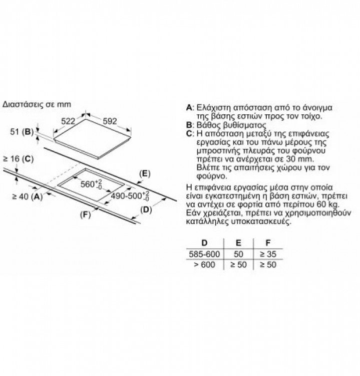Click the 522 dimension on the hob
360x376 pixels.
tap(68, 121)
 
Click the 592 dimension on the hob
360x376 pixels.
tap(110, 121)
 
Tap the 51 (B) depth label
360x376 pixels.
tap(22, 132)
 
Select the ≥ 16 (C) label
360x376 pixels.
tap(18, 159)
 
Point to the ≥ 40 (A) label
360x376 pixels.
tap(28, 197)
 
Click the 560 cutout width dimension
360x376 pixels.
tap(91, 184)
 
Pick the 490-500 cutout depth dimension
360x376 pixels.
tap(130, 196)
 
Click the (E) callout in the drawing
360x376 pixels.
tap(145, 173)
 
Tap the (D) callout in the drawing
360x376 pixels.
tap(146, 210)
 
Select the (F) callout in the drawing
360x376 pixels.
tap(86, 215)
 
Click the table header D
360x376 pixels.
tap(204, 243)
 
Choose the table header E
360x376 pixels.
tap(238, 243)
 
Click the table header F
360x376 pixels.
tap(268, 243)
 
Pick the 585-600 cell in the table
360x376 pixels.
tap(204, 254)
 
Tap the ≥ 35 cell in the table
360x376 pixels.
tap(268, 254)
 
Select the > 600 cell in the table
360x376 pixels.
tap(204, 265)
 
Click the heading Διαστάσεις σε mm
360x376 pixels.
tap(37, 105)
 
